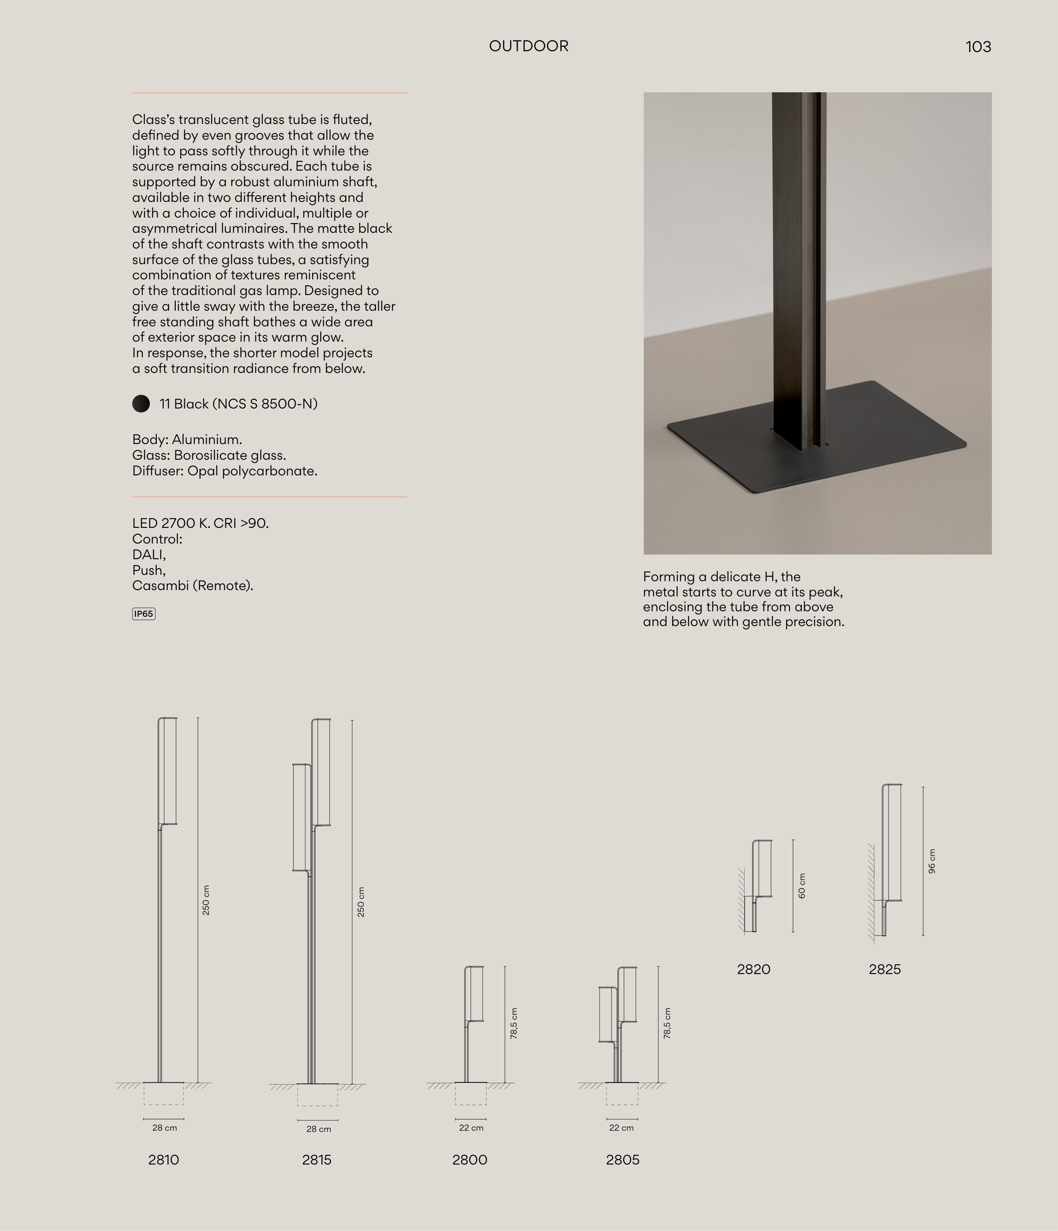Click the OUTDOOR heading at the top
point(529,46)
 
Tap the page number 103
point(978,47)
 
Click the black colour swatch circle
point(141,404)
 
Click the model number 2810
point(163,1160)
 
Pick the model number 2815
point(317,1160)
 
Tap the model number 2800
point(470,1160)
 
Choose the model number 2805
point(622,1160)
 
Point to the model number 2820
point(753,969)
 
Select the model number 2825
point(884,969)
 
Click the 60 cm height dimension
point(802,885)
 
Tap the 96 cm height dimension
point(932,861)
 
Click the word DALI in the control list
point(148,554)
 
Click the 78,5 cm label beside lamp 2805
point(667,1023)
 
